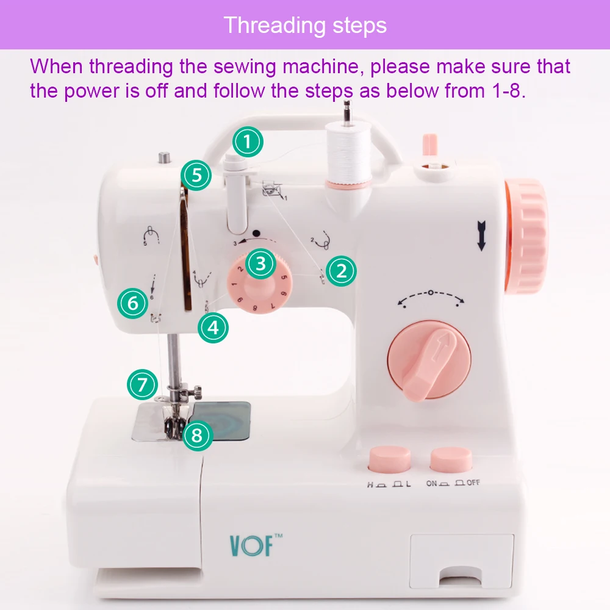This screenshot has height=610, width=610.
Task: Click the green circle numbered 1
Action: click(x=247, y=142)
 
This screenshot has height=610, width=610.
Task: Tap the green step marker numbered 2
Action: click(x=341, y=271)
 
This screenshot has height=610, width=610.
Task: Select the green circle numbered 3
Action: click(x=261, y=264)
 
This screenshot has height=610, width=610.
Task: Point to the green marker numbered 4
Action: click(x=213, y=328)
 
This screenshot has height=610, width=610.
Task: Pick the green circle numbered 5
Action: click(x=196, y=176)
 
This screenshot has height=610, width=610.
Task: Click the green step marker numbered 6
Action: click(x=134, y=303)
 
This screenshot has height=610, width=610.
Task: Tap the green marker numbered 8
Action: click(x=196, y=436)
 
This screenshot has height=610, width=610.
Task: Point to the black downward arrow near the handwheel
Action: click(x=482, y=237)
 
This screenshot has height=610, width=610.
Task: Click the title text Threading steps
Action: click(x=305, y=25)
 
